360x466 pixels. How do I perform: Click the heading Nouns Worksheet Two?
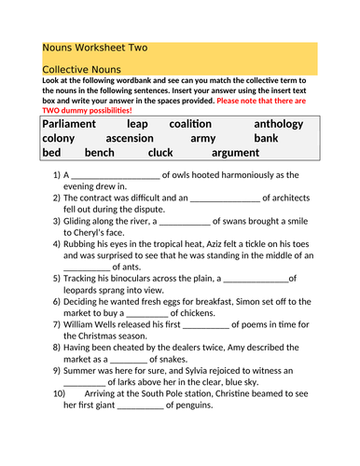94,48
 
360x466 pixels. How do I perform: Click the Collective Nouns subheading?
81,70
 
